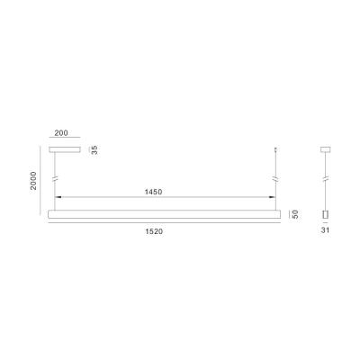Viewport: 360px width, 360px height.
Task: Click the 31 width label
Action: pyautogui.click(x=327, y=231)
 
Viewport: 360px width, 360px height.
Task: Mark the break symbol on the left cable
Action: pyautogui.click(x=55, y=180)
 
